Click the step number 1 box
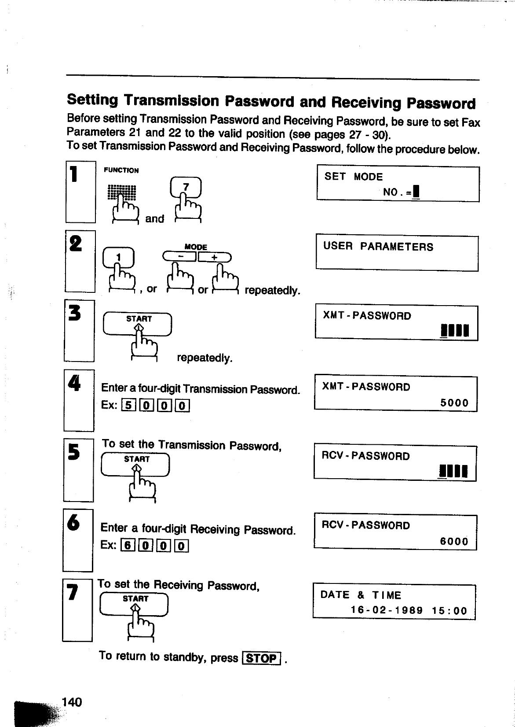80,192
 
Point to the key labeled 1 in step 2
118,258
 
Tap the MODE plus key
215,257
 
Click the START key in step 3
137,324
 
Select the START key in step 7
134,603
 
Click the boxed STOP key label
262,658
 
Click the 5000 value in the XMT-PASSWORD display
454,403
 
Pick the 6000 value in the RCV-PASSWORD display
454,541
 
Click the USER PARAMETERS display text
378,247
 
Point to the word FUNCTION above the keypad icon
121,170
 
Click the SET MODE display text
354,177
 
